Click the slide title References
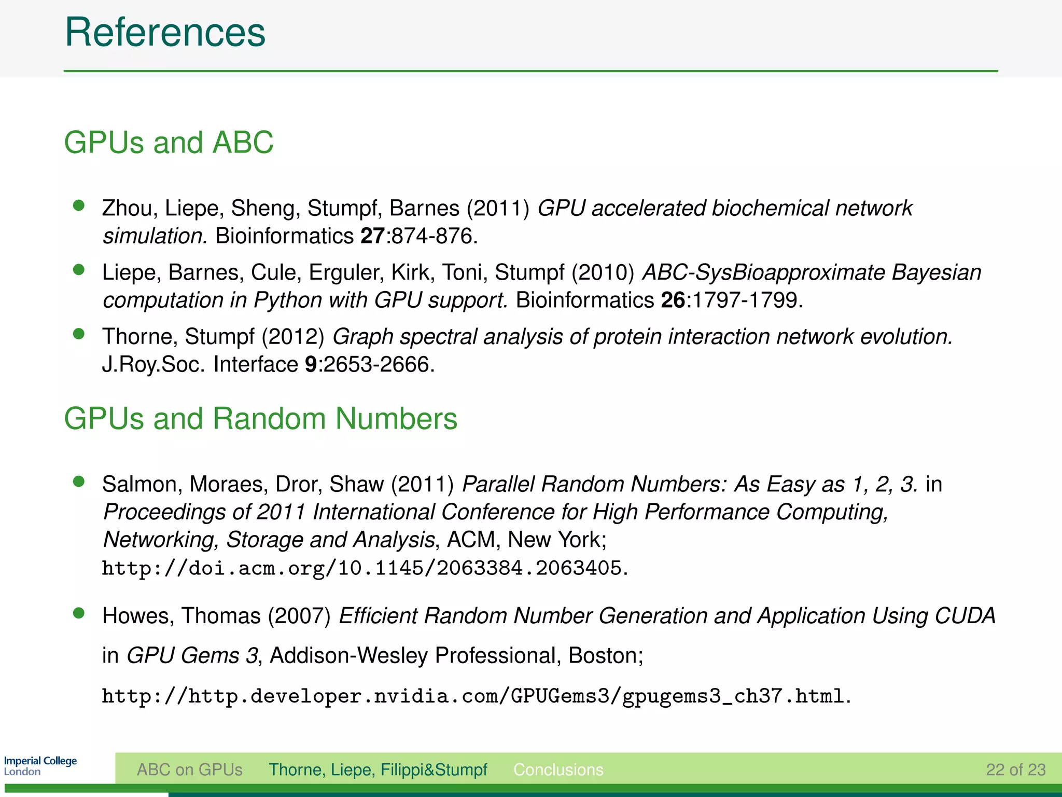(165, 32)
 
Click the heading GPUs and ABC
(169, 142)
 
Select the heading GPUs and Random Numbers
(260, 418)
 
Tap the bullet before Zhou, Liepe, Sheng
(79, 205)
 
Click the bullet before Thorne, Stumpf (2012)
(79, 334)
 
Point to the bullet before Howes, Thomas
(79, 613)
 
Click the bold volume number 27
(372, 236)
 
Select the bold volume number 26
(673, 300)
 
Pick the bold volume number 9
(311, 364)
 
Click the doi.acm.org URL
(361, 568)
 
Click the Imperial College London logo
(40, 766)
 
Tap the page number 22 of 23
(1015, 769)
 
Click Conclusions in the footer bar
(558, 769)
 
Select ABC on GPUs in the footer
(189, 769)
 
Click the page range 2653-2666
(377, 364)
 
